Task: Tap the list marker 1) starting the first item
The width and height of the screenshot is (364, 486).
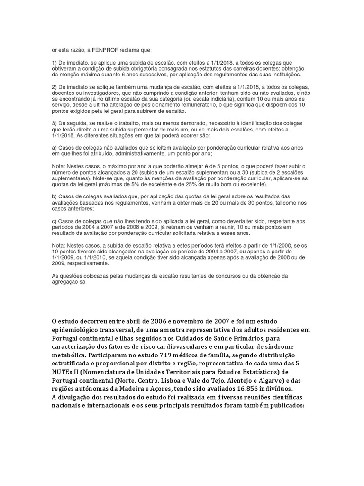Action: tap(55, 63)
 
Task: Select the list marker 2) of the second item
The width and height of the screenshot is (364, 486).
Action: tap(55, 87)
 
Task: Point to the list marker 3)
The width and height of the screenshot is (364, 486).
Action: tap(55, 123)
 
